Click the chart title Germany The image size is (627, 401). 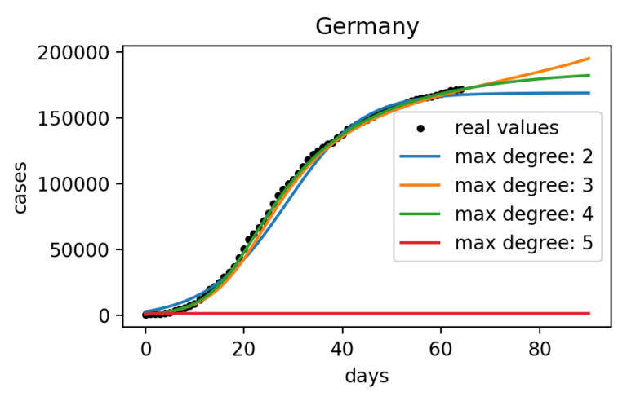pyautogui.click(x=367, y=27)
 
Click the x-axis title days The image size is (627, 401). pyautogui.click(x=367, y=376)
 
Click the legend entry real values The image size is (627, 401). pyautogui.click(x=506, y=128)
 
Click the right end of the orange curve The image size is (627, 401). pyautogui.click(x=589, y=59)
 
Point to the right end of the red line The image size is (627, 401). pyautogui.click(x=589, y=314)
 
